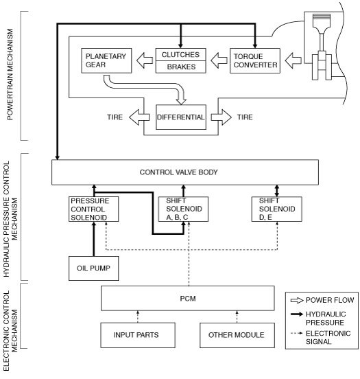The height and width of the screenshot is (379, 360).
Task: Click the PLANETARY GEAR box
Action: click(106, 60)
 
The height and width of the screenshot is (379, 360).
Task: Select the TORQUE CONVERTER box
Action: click(255, 60)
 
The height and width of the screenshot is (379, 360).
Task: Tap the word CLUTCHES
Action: click(180, 55)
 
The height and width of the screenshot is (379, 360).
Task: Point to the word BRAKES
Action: click(181, 67)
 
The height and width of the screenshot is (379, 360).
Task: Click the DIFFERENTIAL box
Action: click(181, 117)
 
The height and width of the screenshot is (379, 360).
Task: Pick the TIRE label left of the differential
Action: click(115, 117)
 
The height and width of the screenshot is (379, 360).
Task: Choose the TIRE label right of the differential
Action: click(245, 117)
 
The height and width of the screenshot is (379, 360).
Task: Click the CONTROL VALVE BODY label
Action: click(179, 172)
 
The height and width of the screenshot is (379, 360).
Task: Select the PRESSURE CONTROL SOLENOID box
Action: click(94, 209)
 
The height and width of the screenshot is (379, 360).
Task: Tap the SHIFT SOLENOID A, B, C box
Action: click(183, 209)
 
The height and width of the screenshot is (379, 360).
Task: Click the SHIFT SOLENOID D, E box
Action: click(277, 209)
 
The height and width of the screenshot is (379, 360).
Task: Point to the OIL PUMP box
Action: click(94, 268)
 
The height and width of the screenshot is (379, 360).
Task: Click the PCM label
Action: click(188, 299)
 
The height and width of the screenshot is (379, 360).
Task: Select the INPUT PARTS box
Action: click(138, 335)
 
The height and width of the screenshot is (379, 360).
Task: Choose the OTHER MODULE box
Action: click(237, 335)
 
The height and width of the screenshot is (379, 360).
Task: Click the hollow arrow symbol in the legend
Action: click(297, 301)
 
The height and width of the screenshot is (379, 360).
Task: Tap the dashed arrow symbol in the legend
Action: click(297, 333)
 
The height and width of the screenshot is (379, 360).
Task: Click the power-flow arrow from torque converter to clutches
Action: click(219, 60)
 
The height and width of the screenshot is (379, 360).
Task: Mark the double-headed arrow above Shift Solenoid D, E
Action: click(277, 191)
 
